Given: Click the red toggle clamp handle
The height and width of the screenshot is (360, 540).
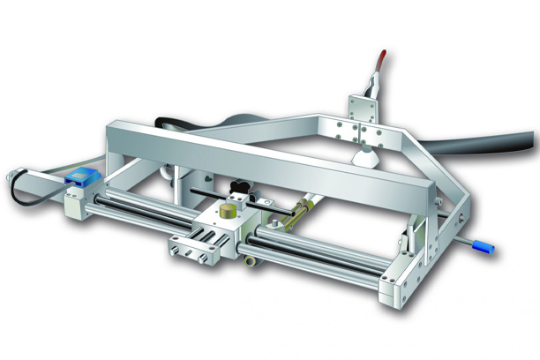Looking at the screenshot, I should coord(378,64).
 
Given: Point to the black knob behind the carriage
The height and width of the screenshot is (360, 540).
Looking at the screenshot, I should coord(237,188).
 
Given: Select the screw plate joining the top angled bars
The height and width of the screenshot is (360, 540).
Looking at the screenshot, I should coord(362,133).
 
